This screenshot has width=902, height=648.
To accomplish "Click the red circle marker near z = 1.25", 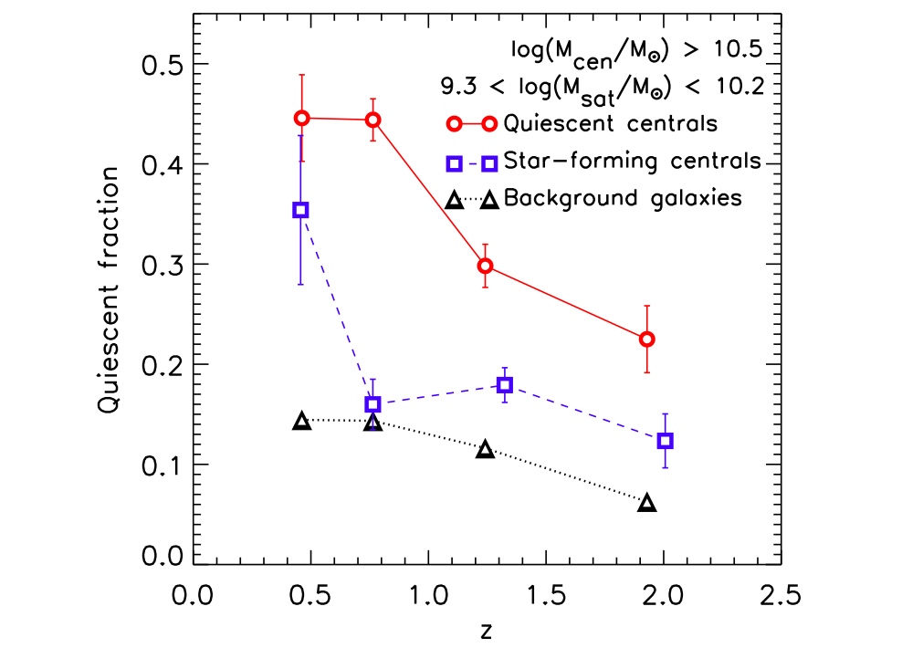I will tap(486, 266).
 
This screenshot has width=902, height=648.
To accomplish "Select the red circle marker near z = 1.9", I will tap(646, 339).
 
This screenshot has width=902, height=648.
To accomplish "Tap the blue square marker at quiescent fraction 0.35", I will tap(300, 210).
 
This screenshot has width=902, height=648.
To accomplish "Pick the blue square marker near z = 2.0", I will tap(665, 440).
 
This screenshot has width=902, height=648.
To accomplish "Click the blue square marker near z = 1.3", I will tap(504, 384).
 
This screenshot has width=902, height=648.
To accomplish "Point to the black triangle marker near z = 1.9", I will tap(646, 503).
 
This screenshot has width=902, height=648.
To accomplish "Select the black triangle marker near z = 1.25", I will tap(486, 449).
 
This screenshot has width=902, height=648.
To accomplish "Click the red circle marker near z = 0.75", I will tap(372, 120).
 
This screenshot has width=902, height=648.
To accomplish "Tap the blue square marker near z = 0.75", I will tap(372, 403).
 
